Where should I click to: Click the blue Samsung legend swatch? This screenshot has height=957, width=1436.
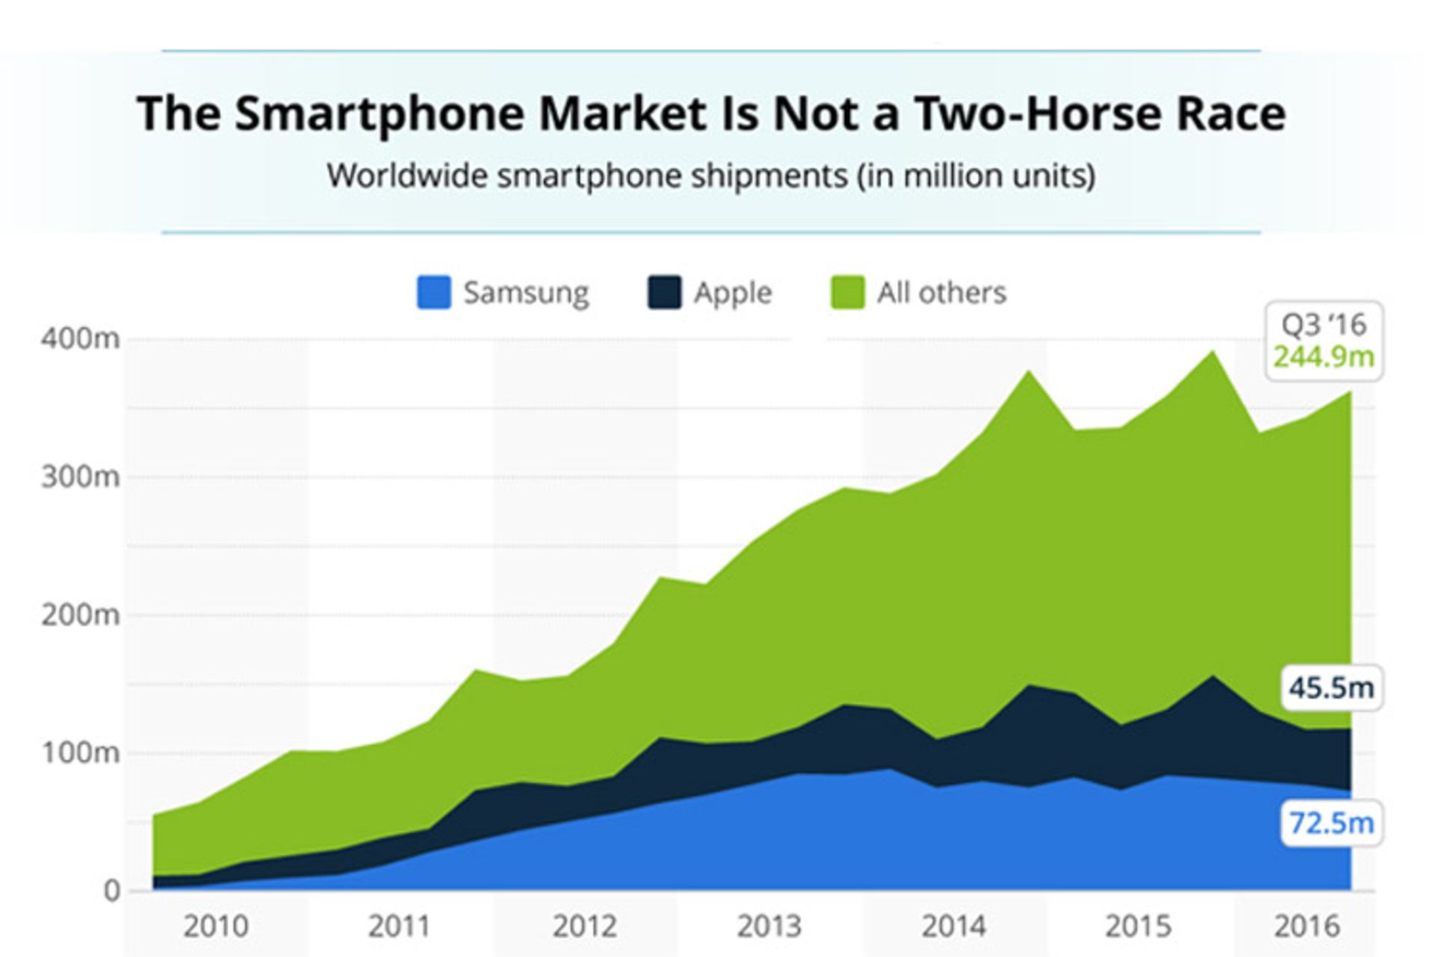[x=434, y=292]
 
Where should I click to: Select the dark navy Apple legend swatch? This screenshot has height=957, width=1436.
[x=664, y=292]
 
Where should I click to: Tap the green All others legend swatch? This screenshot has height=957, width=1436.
[x=848, y=292]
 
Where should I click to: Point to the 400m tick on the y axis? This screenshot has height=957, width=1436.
[x=80, y=339]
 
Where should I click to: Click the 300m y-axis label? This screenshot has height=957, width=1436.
[x=80, y=476]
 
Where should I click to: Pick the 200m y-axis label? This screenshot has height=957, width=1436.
[x=80, y=615]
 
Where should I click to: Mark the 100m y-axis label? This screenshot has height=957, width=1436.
[x=80, y=752]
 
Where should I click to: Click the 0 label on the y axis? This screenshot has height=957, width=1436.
[x=111, y=890]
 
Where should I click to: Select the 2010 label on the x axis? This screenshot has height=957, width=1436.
[x=215, y=927]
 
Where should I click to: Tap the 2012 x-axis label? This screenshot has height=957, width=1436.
[x=585, y=927]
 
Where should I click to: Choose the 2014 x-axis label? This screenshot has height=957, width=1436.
[x=954, y=927]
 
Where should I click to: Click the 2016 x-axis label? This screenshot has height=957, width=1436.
[x=1307, y=927]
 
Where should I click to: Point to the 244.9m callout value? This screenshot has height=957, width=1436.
[x=1324, y=357]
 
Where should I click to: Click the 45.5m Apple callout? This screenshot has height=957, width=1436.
[x=1331, y=687]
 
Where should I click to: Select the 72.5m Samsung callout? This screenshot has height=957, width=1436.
[x=1331, y=823]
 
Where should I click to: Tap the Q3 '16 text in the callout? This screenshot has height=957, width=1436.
[x=1324, y=324]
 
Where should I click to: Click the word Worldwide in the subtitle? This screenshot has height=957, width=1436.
[x=408, y=176]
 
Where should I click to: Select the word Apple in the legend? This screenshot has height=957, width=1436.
[x=732, y=292]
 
